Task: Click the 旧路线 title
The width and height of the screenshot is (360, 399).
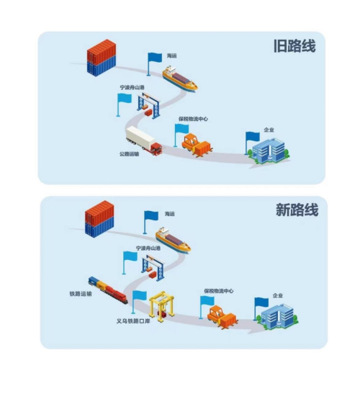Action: (x=294, y=46)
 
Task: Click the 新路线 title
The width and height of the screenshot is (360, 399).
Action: (x=297, y=210)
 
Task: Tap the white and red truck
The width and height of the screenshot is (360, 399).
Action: (x=144, y=140)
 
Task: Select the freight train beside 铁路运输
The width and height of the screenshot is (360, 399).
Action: (x=108, y=290)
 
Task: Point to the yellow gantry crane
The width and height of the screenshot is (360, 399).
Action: (x=162, y=307)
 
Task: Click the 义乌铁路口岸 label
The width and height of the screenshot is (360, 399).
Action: (x=133, y=321)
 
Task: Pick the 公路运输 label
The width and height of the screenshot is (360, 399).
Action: (x=130, y=154)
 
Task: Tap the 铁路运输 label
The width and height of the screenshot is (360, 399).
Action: (x=81, y=294)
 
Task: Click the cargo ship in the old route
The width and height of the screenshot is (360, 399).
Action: (x=180, y=79)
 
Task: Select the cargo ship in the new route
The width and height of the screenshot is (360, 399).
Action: (x=174, y=241)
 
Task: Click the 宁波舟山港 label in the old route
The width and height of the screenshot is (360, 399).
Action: (x=132, y=88)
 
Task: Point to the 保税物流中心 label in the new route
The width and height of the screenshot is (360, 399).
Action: (x=219, y=291)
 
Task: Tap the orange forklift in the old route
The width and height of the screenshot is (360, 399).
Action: (x=197, y=145)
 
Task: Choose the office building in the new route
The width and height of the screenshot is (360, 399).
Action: (x=276, y=315)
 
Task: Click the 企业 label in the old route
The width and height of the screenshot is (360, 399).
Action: (x=269, y=130)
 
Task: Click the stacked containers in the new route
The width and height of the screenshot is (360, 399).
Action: (x=99, y=219)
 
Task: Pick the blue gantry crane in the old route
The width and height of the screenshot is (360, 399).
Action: (x=149, y=106)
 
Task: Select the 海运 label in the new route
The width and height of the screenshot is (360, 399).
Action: (x=170, y=214)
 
